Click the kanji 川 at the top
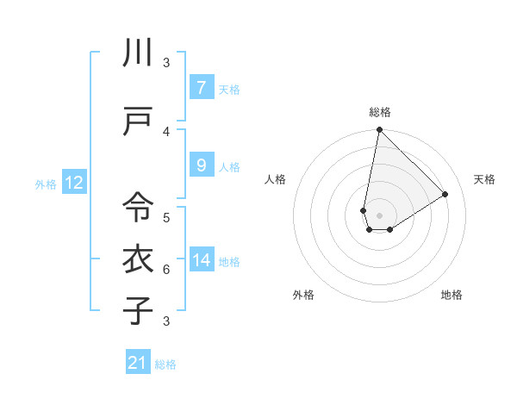pyautogui.click(x=138, y=53)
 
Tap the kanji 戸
pyautogui.click(x=138, y=121)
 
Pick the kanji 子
pyautogui.click(x=138, y=310)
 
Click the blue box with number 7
pyautogui.click(x=201, y=88)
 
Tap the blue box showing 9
pyautogui.click(x=201, y=165)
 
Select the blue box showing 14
pyautogui.click(x=201, y=260)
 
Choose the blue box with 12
pyautogui.click(x=73, y=183)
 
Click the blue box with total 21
pyautogui.click(x=138, y=363)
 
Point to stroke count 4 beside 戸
pyautogui.click(x=166, y=131)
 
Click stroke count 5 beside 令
pyautogui.click(x=166, y=217)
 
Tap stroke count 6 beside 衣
pyautogui.click(x=166, y=269)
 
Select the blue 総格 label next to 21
pyautogui.click(x=165, y=364)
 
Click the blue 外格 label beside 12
pyautogui.click(x=46, y=184)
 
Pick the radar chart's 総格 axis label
pyautogui.click(x=379, y=112)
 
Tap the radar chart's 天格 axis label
pyautogui.click(x=484, y=179)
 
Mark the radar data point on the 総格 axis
pyautogui.click(x=379, y=130)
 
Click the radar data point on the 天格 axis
pyautogui.click(x=445, y=195)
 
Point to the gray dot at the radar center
pyautogui.click(x=379, y=215)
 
